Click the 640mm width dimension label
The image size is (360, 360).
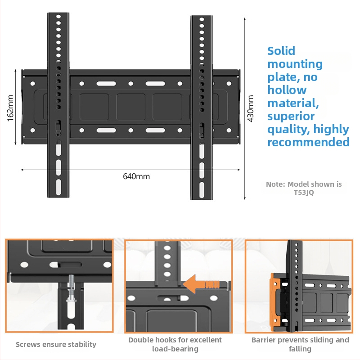136,176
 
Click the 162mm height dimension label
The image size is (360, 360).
10,107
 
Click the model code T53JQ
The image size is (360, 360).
304,193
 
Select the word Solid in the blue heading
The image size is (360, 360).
281,51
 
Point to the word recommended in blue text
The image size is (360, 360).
308,142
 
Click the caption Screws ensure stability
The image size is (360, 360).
56,344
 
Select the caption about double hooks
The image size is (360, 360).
175,344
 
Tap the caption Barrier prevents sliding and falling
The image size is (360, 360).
300,344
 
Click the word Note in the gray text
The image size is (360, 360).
275,184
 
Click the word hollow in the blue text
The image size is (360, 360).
287,90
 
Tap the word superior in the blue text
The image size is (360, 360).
291,117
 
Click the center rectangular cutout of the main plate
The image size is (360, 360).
131,107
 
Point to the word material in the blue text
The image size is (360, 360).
293,103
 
